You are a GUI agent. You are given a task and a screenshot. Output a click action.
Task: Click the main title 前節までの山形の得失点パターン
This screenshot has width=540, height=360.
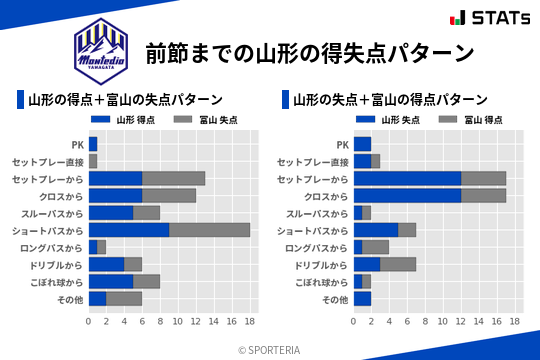tap(309, 53)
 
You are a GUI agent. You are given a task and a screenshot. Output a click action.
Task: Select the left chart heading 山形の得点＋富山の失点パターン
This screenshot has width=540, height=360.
tap(125, 100)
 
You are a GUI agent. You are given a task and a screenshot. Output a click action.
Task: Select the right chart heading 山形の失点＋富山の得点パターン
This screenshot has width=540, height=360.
tap(390, 100)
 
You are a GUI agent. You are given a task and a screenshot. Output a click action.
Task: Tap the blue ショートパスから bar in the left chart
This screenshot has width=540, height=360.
tap(129, 230)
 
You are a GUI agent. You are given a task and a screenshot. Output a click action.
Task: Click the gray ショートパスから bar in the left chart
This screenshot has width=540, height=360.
tap(209, 230)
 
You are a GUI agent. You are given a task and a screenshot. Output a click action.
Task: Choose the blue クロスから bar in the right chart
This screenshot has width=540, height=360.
tap(407, 196)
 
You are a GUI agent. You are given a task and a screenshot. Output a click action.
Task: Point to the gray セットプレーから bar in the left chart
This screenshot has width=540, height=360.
tap(173, 179)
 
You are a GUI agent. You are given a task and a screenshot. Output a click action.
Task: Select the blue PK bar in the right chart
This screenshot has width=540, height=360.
tap(362, 144)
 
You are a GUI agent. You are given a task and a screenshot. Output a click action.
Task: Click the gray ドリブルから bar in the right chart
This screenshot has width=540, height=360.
tap(398, 265)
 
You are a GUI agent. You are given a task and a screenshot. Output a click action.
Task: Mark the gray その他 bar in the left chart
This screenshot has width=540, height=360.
tap(124, 299)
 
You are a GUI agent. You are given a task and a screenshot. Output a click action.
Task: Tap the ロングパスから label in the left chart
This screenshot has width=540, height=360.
tap(56, 247)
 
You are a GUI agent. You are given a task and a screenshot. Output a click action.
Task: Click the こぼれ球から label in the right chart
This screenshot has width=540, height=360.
tap(321, 282)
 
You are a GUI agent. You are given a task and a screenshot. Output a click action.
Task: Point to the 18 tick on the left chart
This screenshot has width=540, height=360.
tap(250, 322)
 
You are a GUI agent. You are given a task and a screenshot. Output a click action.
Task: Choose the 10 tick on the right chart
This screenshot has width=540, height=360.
tap(443, 322)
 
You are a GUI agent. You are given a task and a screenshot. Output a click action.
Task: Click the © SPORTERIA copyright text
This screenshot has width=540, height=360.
tap(270, 350)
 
